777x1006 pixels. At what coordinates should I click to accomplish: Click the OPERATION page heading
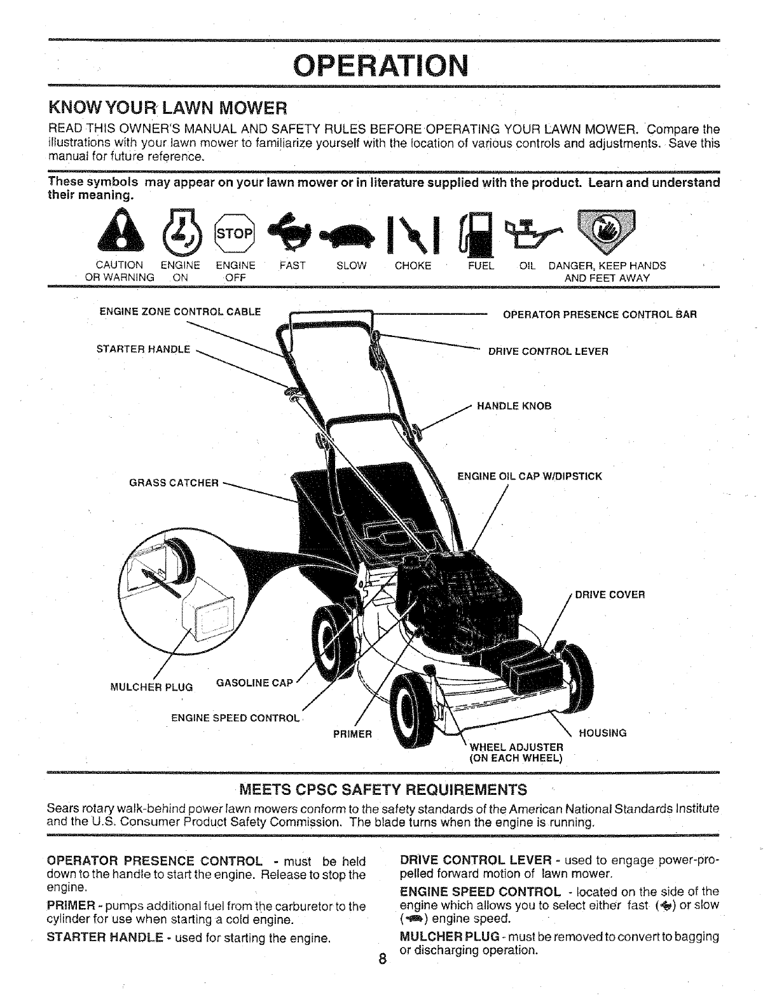(x=383, y=64)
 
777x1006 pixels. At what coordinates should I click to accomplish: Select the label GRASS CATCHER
(x=174, y=483)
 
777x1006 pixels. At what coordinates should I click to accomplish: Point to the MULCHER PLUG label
(x=151, y=687)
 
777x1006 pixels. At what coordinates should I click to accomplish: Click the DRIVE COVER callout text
(x=610, y=595)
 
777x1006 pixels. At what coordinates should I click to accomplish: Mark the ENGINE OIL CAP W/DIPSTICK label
(x=530, y=476)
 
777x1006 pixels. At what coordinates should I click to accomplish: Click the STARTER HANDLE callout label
(x=143, y=349)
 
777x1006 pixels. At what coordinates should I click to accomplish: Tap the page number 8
(x=382, y=960)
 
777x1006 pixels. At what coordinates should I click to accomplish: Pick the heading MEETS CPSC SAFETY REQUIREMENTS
(x=383, y=790)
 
